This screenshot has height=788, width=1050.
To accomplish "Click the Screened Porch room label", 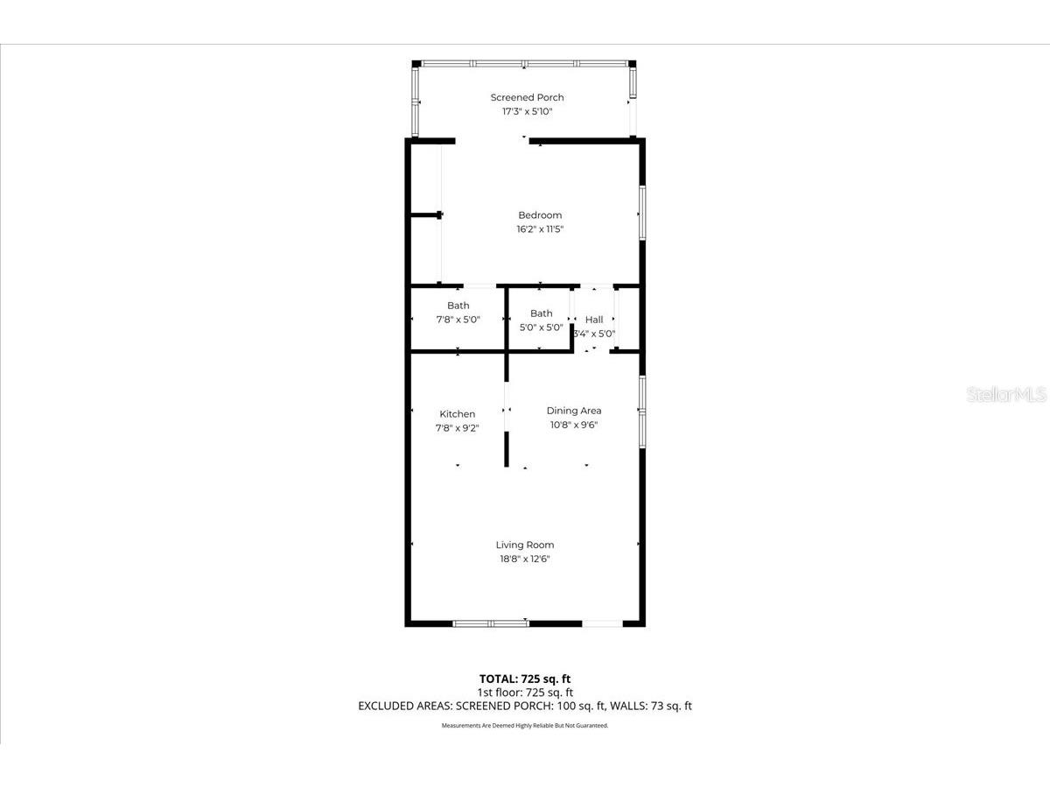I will click(x=527, y=97).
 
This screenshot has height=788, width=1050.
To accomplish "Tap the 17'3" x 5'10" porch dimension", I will click(x=527, y=112).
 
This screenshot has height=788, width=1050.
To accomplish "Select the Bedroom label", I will click(x=540, y=215).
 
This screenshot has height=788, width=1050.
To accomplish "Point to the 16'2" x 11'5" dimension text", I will click(x=540, y=229).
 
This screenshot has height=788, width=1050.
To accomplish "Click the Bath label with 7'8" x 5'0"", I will click(x=458, y=306).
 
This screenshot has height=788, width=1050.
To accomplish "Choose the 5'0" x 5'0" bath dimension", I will click(x=541, y=327).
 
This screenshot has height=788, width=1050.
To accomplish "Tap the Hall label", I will click(x=594, y=320).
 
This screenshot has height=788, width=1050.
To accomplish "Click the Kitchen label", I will click(x=457, y=414).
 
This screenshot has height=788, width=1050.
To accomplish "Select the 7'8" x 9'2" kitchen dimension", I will click(x=457, y=428).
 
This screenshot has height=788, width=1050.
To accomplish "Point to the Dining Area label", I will click(x=574, y=411).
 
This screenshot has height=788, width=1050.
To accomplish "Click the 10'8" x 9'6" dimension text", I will click(x=574, y=425).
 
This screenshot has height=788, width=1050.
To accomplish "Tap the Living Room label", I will click(x=525, y=545).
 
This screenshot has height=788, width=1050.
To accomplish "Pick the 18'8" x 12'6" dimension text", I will click(x=525, y=559).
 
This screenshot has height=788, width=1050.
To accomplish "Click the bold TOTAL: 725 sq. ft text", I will click(x=525, y=679).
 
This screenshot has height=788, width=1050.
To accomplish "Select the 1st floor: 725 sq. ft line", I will click(x=525, y=692).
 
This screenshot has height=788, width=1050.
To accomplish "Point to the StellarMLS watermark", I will click(x=1006, y=395).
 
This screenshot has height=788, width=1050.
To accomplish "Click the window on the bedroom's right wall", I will click(x=642, y=212).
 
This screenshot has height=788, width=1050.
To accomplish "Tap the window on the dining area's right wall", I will click(x=642, y=412).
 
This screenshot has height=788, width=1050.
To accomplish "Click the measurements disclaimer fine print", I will click(x=525, y=726).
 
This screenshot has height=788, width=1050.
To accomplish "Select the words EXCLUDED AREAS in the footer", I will click(x=400, y=706).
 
